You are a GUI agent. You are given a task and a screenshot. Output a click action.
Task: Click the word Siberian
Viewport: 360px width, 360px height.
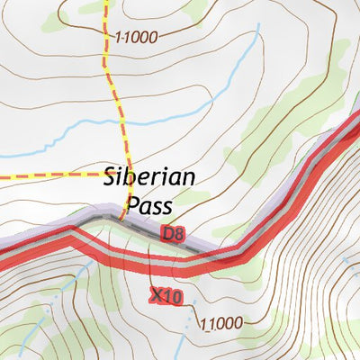[148, 176]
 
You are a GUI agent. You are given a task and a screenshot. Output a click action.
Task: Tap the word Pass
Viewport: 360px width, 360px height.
[148, 206]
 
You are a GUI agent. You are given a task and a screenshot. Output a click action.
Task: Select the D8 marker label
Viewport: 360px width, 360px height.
[173, 233]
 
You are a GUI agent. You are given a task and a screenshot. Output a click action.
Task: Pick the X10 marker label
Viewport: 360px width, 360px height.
[166, 295]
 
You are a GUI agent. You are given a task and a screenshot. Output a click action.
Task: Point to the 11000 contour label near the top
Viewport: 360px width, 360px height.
[136, 37]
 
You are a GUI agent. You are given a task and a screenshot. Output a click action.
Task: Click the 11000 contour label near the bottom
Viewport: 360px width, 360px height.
[222, 323]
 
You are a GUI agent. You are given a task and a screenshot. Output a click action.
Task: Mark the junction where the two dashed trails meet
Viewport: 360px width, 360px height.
[122, 171]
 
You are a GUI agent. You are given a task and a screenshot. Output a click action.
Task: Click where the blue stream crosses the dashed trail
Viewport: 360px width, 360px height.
[119, 120]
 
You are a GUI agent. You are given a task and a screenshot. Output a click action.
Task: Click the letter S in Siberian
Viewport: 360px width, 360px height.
[111, 176]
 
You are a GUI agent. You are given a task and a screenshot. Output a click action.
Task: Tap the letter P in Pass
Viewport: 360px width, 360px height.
[131, 206]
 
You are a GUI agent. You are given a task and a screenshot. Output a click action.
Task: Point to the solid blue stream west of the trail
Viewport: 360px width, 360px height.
[54, 135]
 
